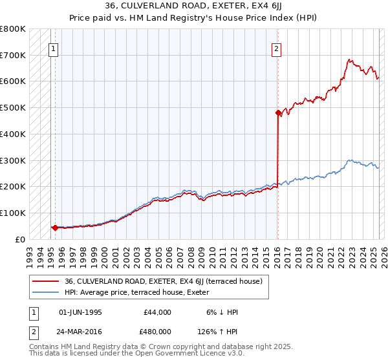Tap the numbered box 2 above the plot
pyautogui.click(x=276, y=47)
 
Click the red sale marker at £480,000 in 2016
pyautogui.click(x=278, y=112)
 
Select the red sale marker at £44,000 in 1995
pyautogui.click(x=55, y=228)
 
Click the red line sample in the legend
pyautogui.click(x=45, y=281)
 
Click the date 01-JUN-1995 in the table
pyautogui.click(x=80, y=312)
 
